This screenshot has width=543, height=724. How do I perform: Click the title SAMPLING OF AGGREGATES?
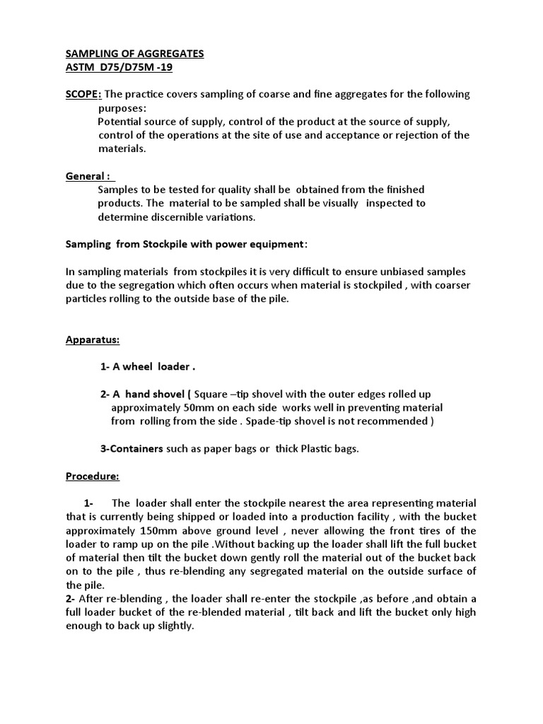pyautogui.click(x=134, y=53)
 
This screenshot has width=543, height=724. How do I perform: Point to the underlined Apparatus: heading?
pyautogui.click(x=93, y=339)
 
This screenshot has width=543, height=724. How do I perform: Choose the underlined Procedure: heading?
pyautogui.click(x=93, y=477)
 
